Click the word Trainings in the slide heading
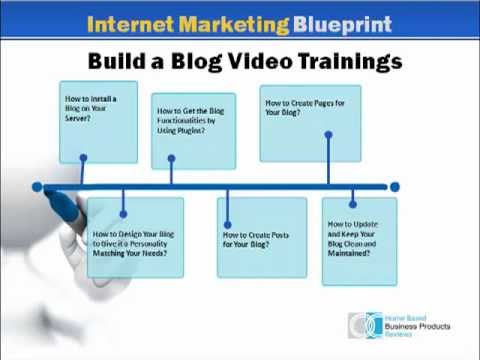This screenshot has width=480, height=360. click(346, 62)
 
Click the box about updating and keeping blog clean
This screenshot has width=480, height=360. click(359, 241)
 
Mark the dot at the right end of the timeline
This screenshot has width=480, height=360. click(394, 187)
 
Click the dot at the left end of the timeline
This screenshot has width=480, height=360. click(37, 187)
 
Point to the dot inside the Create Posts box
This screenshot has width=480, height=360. click(227, 224)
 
